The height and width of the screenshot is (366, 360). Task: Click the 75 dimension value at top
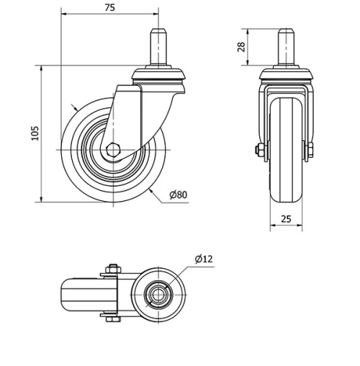109,8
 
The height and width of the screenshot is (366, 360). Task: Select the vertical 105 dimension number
35,133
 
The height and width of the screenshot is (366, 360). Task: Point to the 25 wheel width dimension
286,219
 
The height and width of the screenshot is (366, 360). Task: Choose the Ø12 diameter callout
203,259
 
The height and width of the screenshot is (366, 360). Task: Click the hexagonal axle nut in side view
113,150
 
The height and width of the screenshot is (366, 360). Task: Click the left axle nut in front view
257,151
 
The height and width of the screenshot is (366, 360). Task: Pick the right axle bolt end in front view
310,151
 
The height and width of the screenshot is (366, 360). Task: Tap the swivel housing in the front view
286,75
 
